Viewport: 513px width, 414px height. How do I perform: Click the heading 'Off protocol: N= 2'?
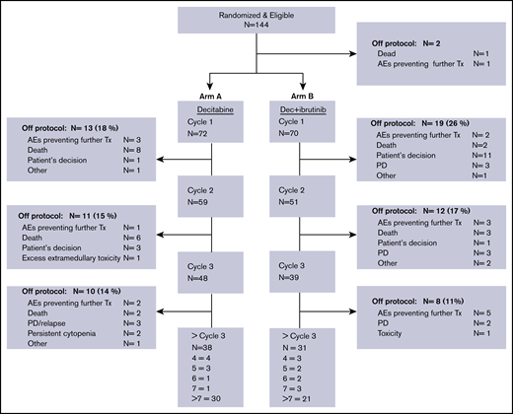[x=407, y=60]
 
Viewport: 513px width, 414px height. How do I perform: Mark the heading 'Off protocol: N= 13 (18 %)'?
[x=69, y=128]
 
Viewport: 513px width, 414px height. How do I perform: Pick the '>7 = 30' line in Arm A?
[x=213, y=397]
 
